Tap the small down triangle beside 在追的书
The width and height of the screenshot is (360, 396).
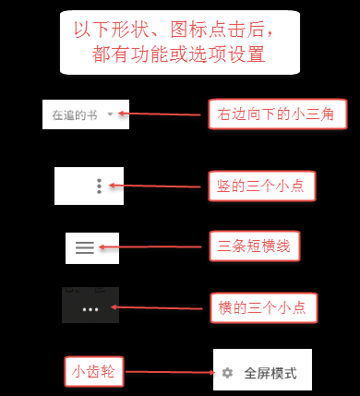[x=111, y=115]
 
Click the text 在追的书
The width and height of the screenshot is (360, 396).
[x=75, y=115]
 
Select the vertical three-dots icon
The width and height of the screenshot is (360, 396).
[x=100, y=186]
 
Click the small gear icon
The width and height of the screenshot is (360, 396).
[x=227, y=374]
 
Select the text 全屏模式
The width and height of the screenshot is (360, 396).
[x=270, y=374]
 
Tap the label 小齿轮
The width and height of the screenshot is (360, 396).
[x=92, y=374]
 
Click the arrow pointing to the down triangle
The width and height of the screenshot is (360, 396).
[x=162, y=115]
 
